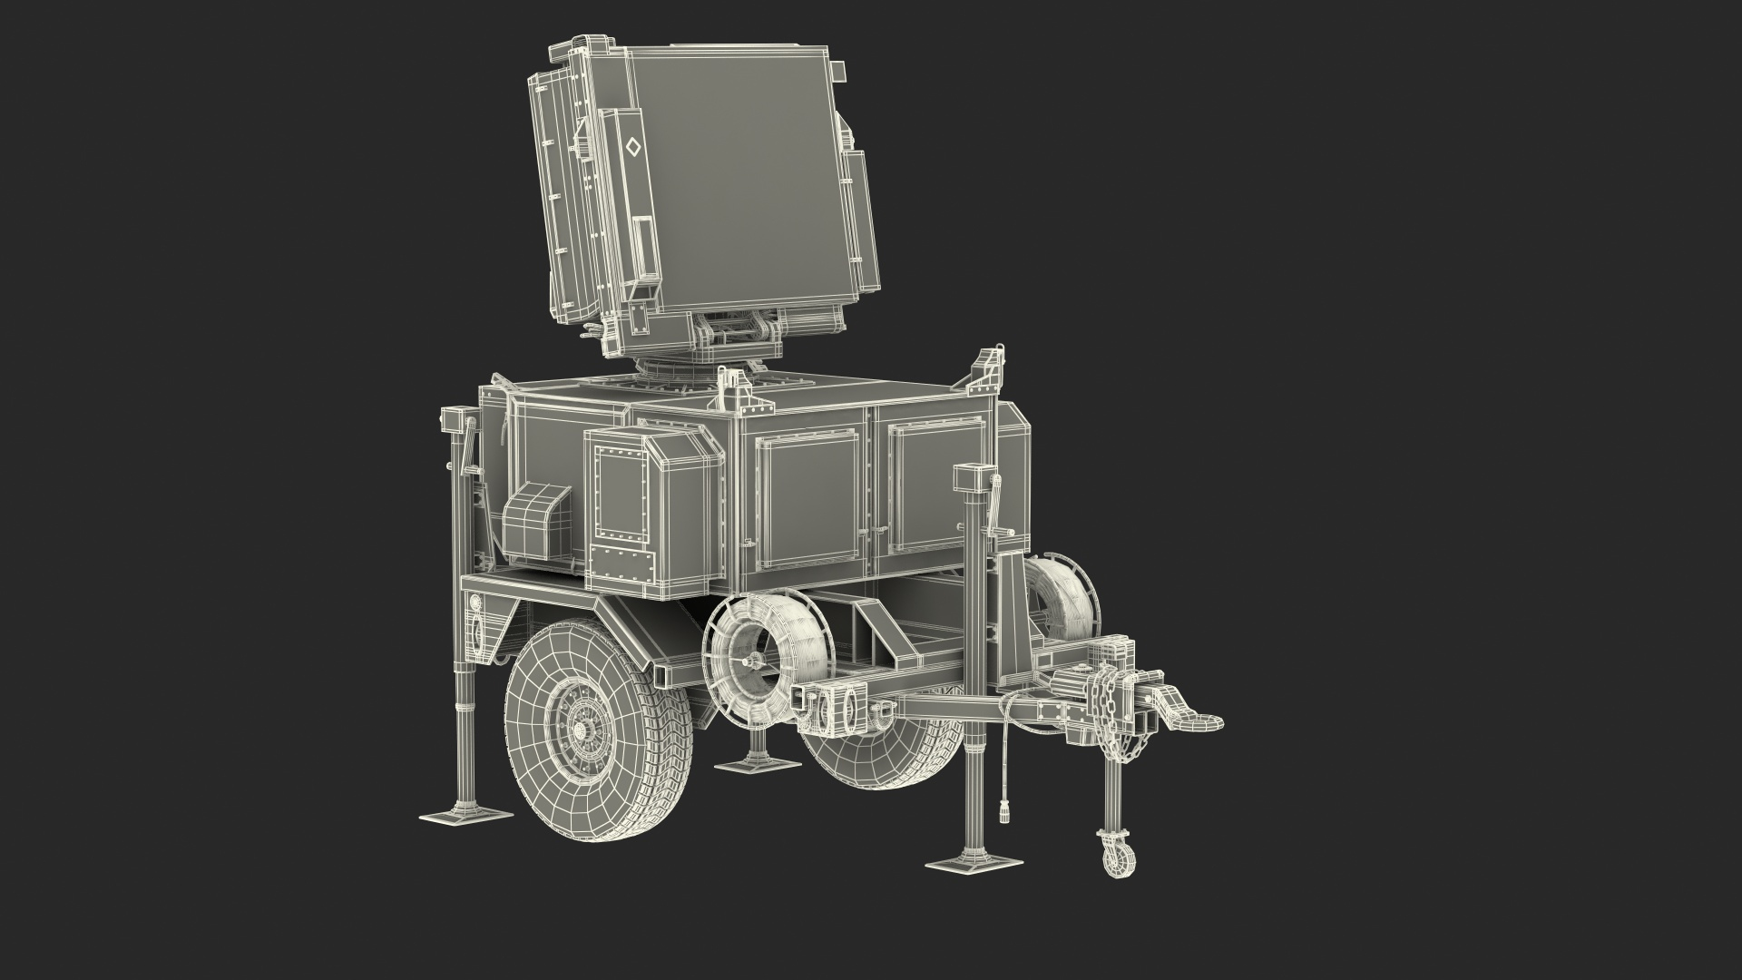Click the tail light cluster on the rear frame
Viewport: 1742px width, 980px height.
coord(478,626)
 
